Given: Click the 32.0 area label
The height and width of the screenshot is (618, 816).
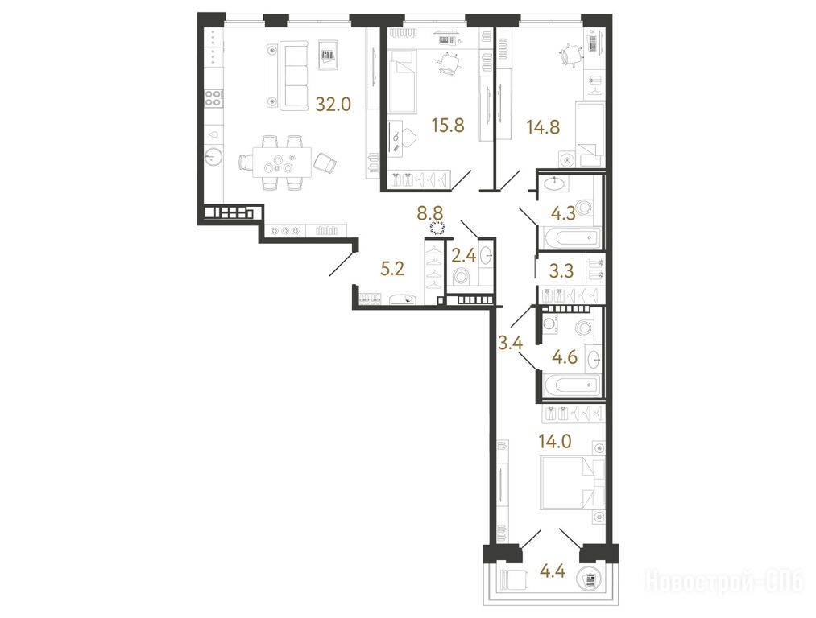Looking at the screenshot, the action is coord(333,105).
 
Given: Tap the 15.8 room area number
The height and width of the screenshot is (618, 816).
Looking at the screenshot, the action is coord(448,126).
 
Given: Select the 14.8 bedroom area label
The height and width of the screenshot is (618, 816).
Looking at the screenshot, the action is coord(543,127).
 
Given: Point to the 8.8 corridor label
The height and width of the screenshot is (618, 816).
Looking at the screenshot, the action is coord(430,212).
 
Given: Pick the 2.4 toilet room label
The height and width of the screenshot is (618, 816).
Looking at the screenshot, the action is coord(463,256).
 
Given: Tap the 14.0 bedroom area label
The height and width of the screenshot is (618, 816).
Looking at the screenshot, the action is coord(555,442).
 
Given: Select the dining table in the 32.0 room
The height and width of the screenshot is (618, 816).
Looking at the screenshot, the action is coord(282,163).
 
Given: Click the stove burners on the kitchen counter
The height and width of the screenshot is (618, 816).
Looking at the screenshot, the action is coord(213,98).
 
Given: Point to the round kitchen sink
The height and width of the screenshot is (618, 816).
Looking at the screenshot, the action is coord(213,156).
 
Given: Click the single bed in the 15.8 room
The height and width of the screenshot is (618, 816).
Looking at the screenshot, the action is coord(403,81).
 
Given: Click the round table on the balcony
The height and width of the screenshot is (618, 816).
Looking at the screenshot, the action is coord(590,579).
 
